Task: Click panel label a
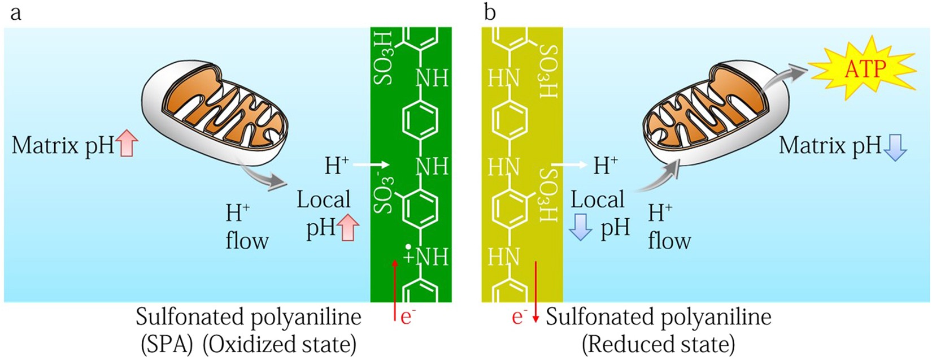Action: click(x=16, y=12)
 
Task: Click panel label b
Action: click(x=490, y=12)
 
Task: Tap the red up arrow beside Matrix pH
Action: click(x=128, y=143)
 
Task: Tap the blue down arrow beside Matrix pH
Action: click(x=895, y=147)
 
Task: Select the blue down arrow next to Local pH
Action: click(x=580, y=228)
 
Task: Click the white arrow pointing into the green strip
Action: click(x=372, y=164)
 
